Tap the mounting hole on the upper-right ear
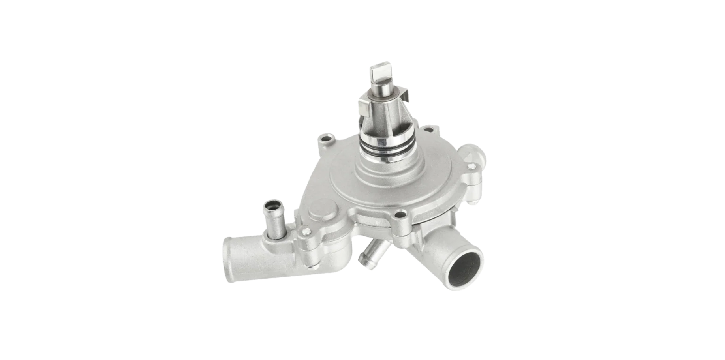[x=427, y=130]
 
